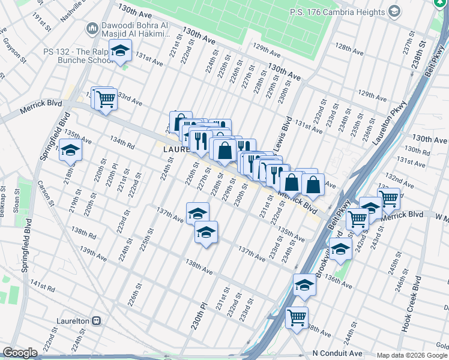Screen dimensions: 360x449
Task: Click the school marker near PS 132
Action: (120, 51)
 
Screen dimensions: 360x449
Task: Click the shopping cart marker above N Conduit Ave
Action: (297, 317)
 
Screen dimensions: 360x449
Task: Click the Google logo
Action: (20, 353)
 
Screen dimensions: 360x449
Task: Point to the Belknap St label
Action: (4, 198)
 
